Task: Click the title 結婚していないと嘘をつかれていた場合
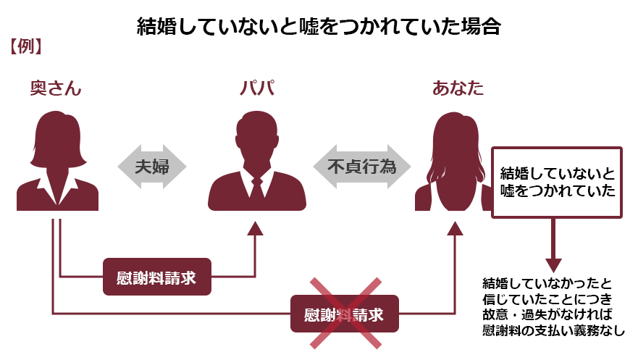(x=319, y=27)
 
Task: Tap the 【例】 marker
(x=25, y=46)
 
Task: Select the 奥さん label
(x=56, y=88)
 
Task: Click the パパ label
(x=257, y=88)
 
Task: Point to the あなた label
(x=458, y=88)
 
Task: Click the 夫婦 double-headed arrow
(x=152, y=167)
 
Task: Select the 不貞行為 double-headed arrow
(x=361, y=167)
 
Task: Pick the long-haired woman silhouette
(x=453, y=162)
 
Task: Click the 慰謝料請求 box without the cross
(x=157, y=277)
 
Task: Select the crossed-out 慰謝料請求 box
(x=345, y=314)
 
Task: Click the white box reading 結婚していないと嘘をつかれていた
(x=557, y=183)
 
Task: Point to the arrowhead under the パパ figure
(x=256, y=229)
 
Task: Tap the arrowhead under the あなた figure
(x=455, y=229)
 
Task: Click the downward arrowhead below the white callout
(x=553, y=265)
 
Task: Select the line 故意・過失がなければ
(x=547, y=314)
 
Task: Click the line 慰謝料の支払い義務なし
(x=553, y=330)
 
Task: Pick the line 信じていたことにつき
(x=547, y=299)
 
